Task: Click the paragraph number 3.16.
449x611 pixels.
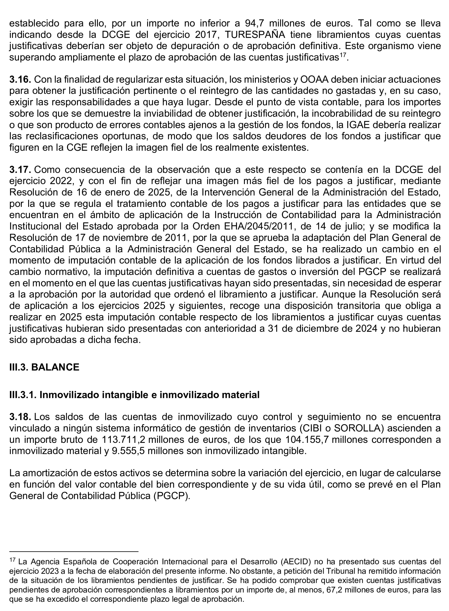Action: point(20,80)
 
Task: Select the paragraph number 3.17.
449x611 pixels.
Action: point(20,170)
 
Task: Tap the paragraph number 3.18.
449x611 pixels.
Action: point(20,417)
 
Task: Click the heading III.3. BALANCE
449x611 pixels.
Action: point(44,367)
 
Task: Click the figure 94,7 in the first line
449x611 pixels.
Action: point(254,23)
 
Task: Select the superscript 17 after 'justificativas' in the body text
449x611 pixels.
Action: point(343,55)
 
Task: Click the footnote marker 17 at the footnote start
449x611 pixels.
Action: point(13,560)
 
